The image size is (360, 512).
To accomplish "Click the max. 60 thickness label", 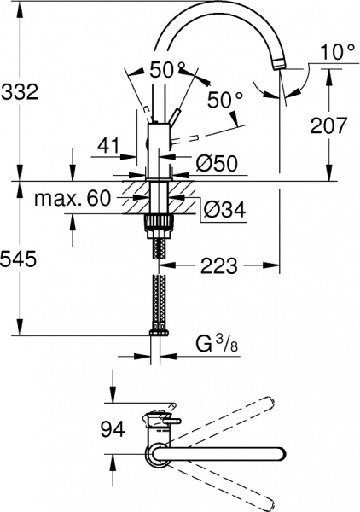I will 73,200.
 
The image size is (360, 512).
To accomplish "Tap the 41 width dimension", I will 107,146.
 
